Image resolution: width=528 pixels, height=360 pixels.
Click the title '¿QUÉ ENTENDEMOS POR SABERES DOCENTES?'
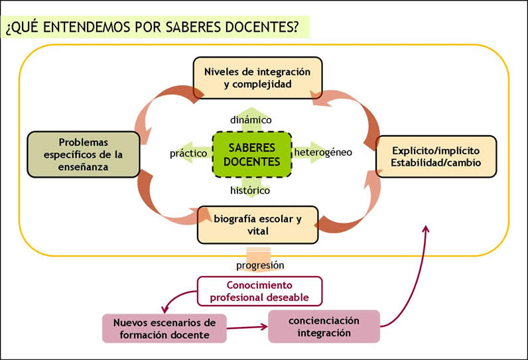tap(151, 27)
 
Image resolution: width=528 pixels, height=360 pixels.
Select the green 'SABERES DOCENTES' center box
tap(251, 154)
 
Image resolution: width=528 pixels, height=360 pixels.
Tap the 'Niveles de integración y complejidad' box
tap(257, 77)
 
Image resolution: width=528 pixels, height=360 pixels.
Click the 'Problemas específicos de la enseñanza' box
tap(83, 154)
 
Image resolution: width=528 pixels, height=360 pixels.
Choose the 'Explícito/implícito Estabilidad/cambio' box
tap(435, 156)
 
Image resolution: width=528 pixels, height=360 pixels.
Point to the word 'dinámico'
tap(251, 120)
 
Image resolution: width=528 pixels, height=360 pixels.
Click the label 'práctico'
tap(188, 152)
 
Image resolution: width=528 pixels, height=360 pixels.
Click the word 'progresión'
tap(260, 265)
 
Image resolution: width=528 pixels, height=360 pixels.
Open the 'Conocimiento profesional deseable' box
tap(259, 291)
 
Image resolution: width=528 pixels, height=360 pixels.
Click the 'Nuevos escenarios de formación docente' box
tap(165, 328)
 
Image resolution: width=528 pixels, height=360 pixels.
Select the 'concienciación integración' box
tap(324, 326)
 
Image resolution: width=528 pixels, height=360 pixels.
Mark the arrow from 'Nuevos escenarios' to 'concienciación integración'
tap(247, 327)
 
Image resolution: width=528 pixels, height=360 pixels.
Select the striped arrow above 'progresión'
tap(259, 253)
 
